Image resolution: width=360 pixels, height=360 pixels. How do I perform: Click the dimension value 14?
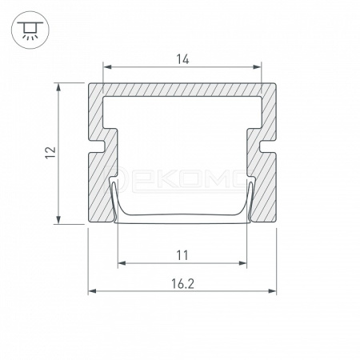182,59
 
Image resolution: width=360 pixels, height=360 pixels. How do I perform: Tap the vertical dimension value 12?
50,153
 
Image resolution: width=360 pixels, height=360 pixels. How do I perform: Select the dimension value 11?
182,255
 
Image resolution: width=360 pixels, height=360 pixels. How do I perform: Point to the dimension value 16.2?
182,284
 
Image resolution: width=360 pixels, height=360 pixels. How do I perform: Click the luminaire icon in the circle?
30,30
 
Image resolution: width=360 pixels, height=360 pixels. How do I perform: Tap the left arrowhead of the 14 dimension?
107,67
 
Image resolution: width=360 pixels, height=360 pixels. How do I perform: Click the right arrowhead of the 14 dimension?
257,67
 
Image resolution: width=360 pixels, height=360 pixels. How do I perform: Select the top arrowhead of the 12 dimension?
58,87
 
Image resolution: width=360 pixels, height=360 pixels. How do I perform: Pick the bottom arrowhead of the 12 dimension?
58,220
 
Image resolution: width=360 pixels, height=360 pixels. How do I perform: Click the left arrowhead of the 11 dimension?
122,263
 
